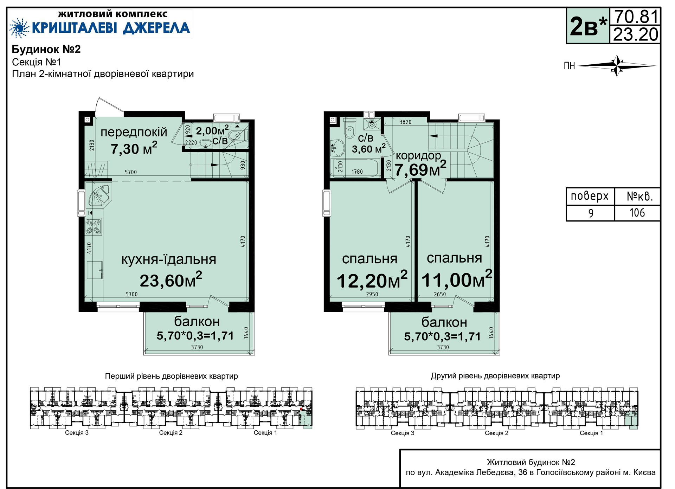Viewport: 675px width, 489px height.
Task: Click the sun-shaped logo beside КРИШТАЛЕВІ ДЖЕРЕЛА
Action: tap(19, 28)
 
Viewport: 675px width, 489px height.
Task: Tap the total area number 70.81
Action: tap(636, 17)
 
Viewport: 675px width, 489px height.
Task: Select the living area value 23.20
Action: tap(636, 34)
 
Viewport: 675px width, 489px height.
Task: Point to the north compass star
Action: tap(617, 65)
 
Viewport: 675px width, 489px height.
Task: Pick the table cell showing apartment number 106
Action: tap(637, 213)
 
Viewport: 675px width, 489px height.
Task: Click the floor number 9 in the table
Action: tap(591, 213)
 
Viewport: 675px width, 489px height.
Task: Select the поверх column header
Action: tap(590, 196)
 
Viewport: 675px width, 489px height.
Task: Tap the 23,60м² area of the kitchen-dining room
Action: tap(171, 280)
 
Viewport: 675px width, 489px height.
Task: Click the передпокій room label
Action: tap(134, 132)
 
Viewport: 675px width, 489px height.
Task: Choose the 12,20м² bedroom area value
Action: tap(372, 280)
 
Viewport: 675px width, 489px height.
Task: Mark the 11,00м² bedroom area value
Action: tap(457, 279)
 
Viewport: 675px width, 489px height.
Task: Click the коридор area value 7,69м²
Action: tap(420, 169)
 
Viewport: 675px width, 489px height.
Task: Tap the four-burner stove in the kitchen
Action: tap(94, 226)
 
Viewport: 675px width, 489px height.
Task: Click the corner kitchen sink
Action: tap(100, 195)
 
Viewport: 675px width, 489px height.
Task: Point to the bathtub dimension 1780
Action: tap(357, 172)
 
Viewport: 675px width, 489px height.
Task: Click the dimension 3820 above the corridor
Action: tap(405, 122)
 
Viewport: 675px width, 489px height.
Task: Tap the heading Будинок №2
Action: tap(46, 49)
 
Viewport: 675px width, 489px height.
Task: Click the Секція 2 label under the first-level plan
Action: tap(171, 433)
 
